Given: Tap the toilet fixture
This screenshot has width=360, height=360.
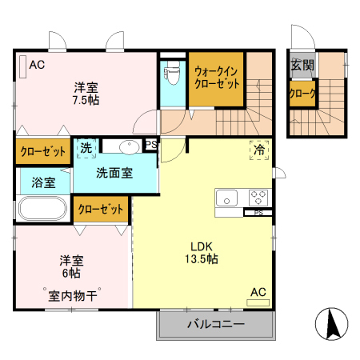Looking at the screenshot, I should (x=171, y=75).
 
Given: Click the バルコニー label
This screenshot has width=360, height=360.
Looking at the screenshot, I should (x=216, y=325).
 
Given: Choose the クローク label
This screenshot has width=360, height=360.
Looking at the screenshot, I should (x=302, y=94).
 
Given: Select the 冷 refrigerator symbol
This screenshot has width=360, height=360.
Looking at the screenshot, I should (x=259, y=150).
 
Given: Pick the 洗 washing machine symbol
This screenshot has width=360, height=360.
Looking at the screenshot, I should (x=86, y=147).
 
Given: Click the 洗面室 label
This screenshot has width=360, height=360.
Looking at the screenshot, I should (x=114, y=172).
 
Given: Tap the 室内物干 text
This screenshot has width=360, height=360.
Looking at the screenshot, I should (x=71, y=295).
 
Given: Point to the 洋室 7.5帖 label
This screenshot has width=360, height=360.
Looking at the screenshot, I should (x=86, y=94).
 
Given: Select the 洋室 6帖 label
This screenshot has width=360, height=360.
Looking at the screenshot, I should (x=69, y=267).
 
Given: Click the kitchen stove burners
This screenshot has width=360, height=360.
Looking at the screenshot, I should (x=258, y=195).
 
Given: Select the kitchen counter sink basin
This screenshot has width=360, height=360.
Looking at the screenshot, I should (x=226, y=196).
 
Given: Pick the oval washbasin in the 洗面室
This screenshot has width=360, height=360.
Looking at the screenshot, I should (x=128, y=146).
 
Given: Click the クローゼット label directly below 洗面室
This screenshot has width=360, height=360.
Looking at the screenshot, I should (x=102, y=210).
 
